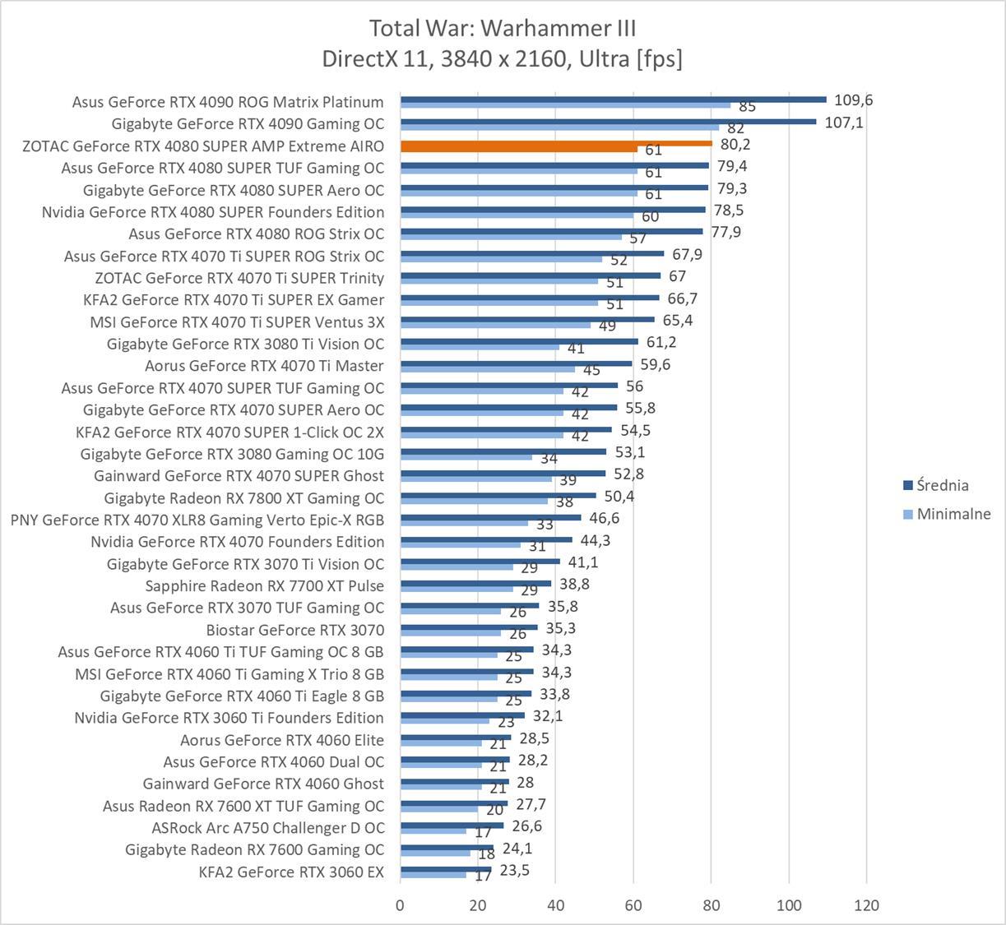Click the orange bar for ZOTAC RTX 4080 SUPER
pos(555,143)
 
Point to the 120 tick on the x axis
pos(866,905)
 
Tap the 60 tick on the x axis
pos(633,905)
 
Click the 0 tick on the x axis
pos(401,905)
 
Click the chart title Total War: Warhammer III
pos(503,28)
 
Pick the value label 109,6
pos(853,100)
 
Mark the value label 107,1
pos(843,123)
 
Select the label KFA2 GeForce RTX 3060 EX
pos(291,872)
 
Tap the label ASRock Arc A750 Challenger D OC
pos(267,828)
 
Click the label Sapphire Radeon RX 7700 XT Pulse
pos(264,585)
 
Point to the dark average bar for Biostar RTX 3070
pos(469,627)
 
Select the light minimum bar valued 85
pos(565,105)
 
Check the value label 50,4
pos(619,496)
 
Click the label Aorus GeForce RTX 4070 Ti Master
pos(264,366)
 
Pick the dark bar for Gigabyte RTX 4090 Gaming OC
pos(608,122)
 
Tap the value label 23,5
pos(514,869)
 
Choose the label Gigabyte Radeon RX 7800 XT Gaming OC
pos(243,498)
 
